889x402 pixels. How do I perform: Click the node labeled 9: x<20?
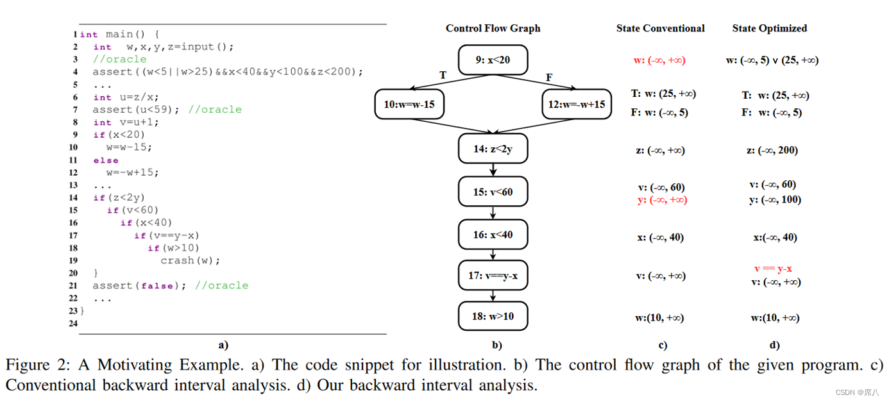(493, 60)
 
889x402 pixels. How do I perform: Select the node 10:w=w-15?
(409, 105)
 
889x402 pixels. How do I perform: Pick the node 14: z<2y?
(493, 149)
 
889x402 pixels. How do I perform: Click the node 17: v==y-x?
(493, 276)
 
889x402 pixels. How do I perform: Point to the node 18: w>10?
(493, 316)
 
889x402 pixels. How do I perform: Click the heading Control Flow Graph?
(493, 28)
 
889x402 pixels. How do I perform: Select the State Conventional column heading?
(660, 28)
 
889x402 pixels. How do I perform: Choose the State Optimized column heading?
(769, 28)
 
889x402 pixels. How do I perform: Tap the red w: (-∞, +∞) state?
(659, 60)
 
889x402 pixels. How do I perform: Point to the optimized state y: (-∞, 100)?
(775, 199)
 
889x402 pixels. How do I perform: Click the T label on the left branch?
(443, 76)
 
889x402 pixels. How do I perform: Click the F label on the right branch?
(548, 77)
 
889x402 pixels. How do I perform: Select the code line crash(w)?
(190, 260)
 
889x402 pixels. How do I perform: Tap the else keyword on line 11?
(106, 160)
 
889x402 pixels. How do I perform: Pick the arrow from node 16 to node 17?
(493, 255)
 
